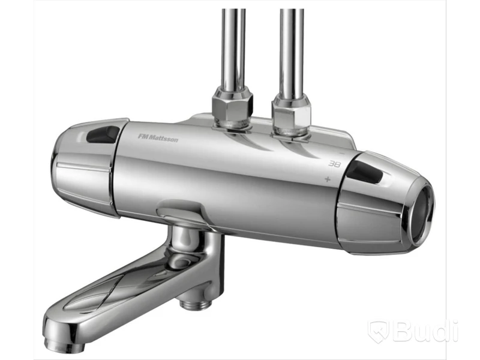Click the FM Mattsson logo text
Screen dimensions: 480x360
click(x=158, y=137)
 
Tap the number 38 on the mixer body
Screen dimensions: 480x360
click(x=334, y=164)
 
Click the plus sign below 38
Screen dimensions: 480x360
click(x=328, y=179)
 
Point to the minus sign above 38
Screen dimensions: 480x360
click(x=343, y=153)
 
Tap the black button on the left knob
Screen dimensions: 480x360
click(x=103, y=134)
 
